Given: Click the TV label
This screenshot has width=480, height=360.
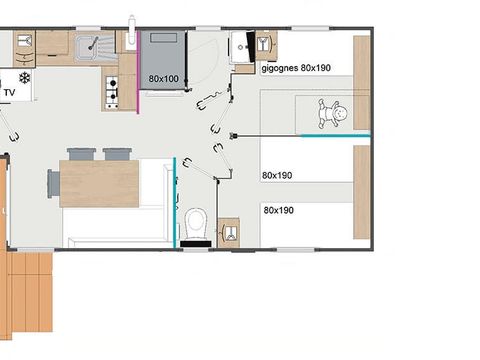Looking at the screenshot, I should (11, 93).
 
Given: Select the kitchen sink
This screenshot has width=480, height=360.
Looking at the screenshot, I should (97, 44).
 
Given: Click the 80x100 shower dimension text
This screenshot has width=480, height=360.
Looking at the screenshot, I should (164, 78).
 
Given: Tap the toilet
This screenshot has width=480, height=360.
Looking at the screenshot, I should (197, 224).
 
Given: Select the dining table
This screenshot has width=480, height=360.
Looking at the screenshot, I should (99, 183).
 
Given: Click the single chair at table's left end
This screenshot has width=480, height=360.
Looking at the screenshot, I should (53, 183).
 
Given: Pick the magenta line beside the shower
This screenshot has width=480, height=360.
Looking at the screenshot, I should (138, 75).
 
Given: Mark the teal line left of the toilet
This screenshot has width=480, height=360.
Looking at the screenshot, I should (175, 201).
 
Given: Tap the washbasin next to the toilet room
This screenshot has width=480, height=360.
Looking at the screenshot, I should (229, 233).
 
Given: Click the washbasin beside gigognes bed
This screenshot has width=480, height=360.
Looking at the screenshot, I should (265, 46).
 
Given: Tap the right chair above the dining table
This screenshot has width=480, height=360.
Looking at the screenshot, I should (117, 154).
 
